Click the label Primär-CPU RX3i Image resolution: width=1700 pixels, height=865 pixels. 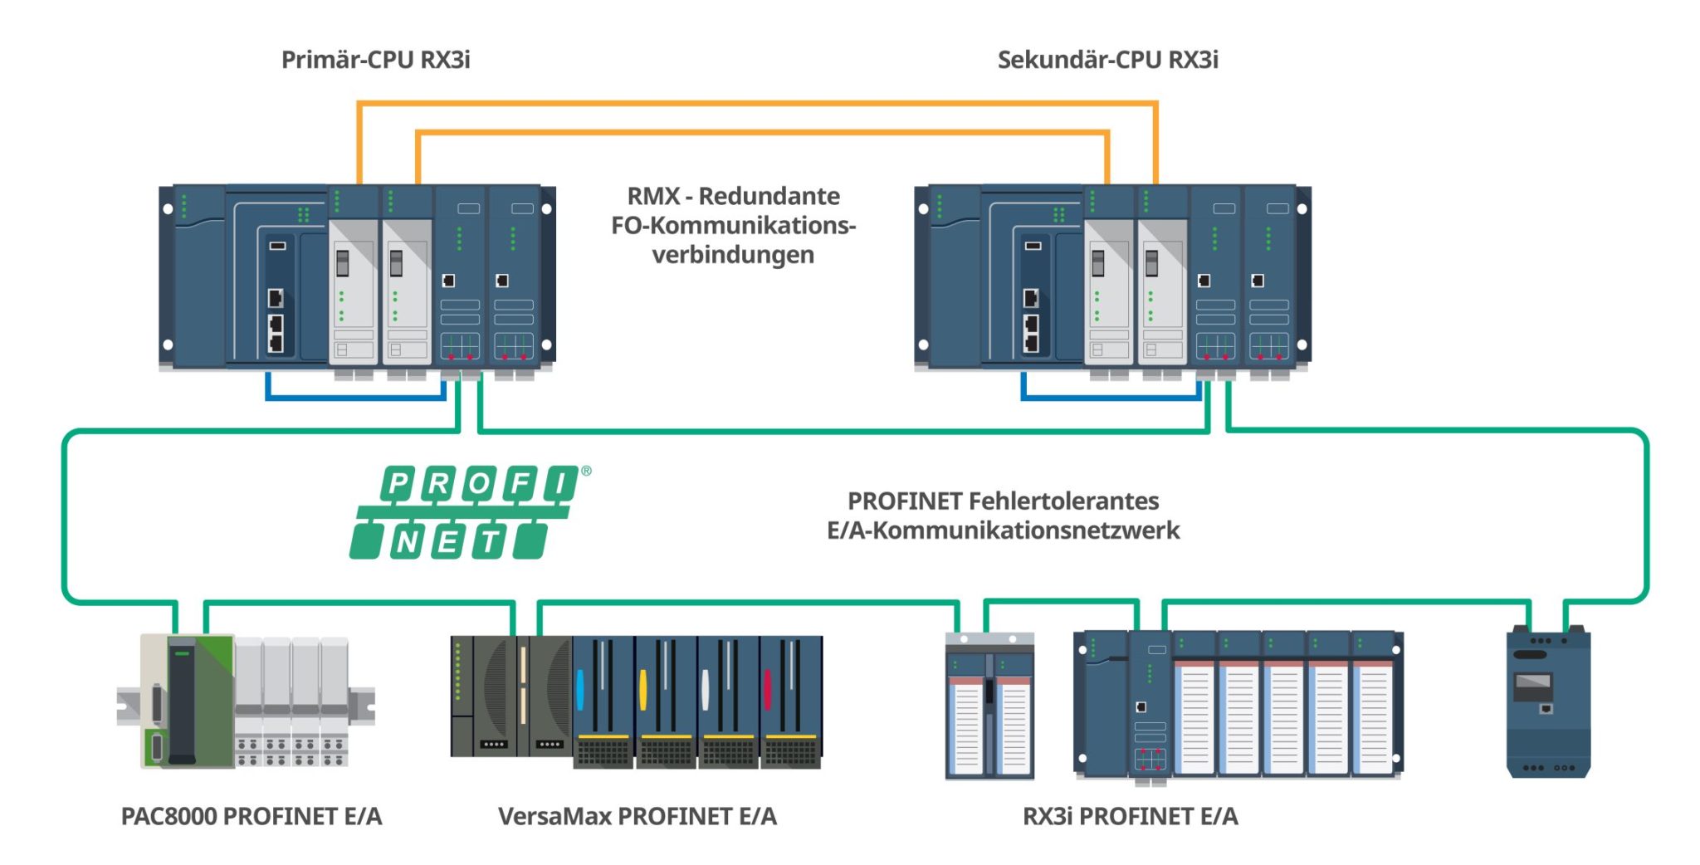tap(375, 60)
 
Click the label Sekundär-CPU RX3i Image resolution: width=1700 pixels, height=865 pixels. tap(1107, 60)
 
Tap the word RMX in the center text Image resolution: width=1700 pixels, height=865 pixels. tap(653, 196)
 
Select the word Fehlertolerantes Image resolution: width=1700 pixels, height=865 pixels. tap(1063, 501)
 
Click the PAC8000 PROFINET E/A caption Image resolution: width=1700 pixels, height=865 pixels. tap(252, 816)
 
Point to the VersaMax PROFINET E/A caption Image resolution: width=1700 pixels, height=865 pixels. tap(637, 816)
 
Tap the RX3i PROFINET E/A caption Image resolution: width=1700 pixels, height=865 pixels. tap(1130, 816)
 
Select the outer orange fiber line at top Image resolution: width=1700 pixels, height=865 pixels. tap(755, 104)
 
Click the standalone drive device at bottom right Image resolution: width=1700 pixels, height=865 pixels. tap(1548, 703)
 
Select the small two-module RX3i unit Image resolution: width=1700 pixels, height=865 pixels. tap(989, 706)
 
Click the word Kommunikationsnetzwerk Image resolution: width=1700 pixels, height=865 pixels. tap(1025, 530)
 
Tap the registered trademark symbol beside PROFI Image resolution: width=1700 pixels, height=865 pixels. tap(587, 471)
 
